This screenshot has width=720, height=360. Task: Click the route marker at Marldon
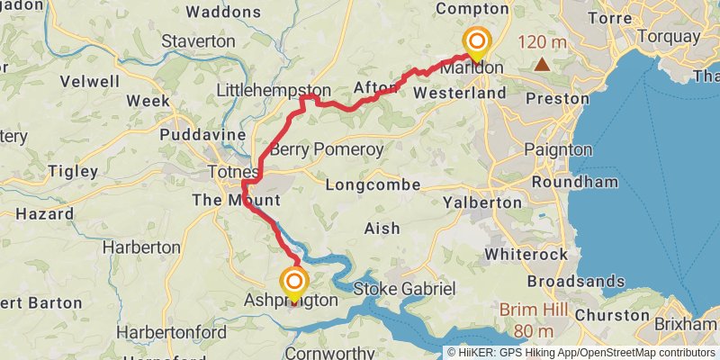(476, 43)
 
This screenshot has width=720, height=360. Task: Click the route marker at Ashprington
(293, 282)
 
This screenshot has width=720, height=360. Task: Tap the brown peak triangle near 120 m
(542, 64)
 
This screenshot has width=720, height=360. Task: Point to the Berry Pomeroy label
(327, 149)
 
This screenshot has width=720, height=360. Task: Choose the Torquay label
(668, 37)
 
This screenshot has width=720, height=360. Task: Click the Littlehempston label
(274, 91)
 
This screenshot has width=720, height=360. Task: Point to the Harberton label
(141, 246)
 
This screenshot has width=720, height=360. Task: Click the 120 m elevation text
(543, 41)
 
